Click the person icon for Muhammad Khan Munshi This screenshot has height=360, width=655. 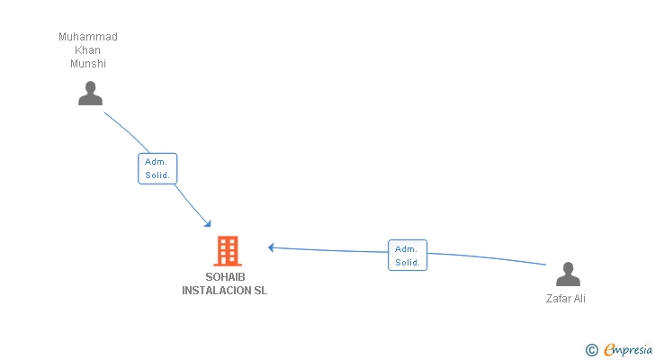click(90, 94)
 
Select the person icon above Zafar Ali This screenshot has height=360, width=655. click(568, 274)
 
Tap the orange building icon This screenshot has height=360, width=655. click(227, 251)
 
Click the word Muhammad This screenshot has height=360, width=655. click(88, 37)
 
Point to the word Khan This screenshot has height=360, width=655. click(88, 50)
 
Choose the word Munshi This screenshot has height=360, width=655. click(88, 64)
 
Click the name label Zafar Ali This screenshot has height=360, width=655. click(566, 299)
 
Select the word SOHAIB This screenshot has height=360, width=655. click(225, 277)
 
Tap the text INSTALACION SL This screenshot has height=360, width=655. click(225, 291)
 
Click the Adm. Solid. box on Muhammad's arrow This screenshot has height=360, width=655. click(157, 168)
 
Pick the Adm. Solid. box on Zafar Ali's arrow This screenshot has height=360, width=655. click(408, 256)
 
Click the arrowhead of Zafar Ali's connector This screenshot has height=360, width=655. click(272, 247)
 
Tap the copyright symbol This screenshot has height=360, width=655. click(591, 350)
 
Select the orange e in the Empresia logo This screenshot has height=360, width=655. click(609, 350)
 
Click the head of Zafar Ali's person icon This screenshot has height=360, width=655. click(568, 268)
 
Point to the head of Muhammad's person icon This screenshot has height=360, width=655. click(90, 87)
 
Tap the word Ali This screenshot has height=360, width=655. click(579, 299)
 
